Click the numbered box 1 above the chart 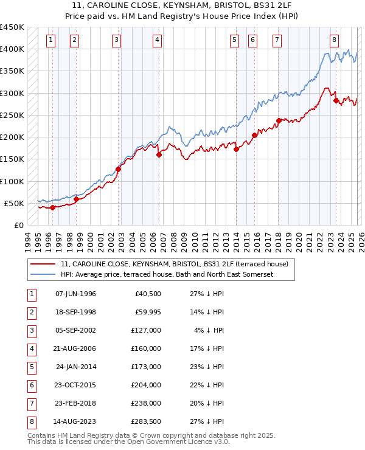[50, 40]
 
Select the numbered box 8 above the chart [334, 40]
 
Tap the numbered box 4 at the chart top [157, 40]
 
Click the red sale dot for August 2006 [159, 154]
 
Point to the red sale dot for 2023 [335, 100]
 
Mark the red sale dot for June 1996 [52, 207]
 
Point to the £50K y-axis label [14, 203]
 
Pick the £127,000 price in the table [146, 330]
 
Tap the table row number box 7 [30, 403]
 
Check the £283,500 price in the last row [146, 421]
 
